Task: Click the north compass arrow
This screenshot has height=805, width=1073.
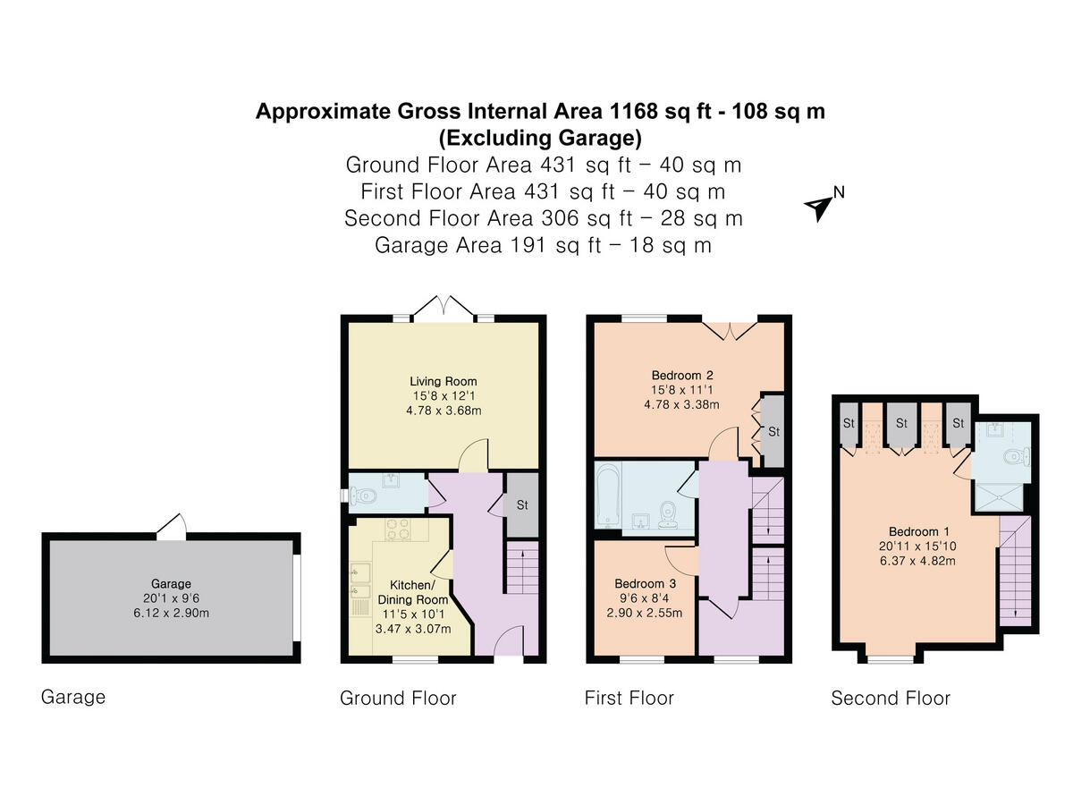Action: pyautogui.click(x=818, y=207)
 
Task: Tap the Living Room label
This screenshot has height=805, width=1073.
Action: pyautogui.click(x=443, y=381)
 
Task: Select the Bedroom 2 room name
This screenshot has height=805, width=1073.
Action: pyautogui.click(x=682, y=375)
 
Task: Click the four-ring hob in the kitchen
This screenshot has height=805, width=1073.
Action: pyautogui.click(x=397, y=529)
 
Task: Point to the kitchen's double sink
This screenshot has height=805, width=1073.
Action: pyautogui.click(x=360, y=579)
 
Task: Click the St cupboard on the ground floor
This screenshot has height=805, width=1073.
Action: pyautogui.click(x=521, y=505)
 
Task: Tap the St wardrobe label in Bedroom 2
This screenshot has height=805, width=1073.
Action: pyautogui.click(x=773, y=432)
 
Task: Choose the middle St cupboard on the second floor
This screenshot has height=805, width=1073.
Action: pyautogui.click(x=901, y=422)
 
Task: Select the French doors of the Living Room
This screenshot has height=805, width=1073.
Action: pyautogui.click(x=444, y=309)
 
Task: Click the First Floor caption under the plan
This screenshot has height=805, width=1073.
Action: pyautogui.click(x=629, y=698)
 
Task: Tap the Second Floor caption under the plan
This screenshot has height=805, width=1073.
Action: pyautogui.click(x=890, y=698)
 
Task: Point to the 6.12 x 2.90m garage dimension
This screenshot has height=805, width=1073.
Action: pyautogui.click(x=170, y=613)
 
